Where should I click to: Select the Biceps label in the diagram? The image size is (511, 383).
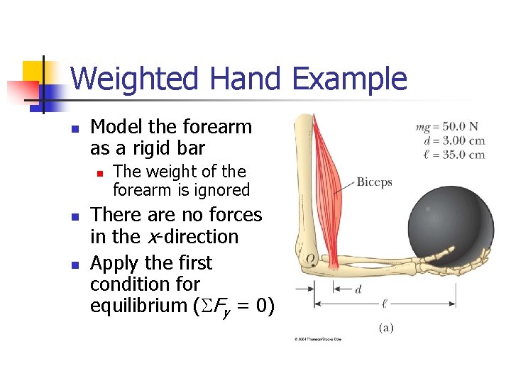[374, 182]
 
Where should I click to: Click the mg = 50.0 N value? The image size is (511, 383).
[449, 128]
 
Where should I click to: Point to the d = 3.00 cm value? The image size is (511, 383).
[454, 140]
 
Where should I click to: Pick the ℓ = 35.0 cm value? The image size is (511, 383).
[454, 154]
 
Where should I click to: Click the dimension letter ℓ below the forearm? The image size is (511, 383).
[385, 303]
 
